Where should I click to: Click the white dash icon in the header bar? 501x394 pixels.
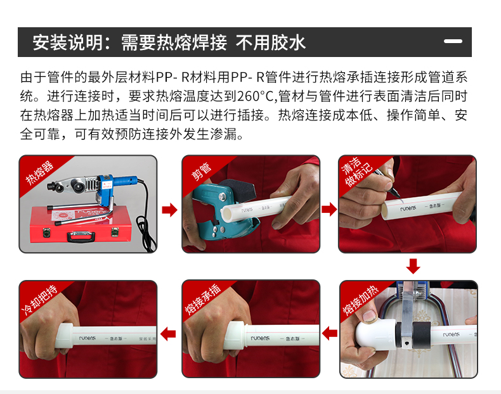click(x=453, y=41)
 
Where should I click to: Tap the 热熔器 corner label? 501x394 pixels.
click(x=39, y=172)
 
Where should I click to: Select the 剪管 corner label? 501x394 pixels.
click(x=201, y=172)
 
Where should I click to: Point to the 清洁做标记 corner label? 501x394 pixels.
click(x=356, y=171)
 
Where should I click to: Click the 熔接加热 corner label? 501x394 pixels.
click(x=360, y=300)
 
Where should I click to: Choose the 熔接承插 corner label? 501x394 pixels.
click(x=203, y=299)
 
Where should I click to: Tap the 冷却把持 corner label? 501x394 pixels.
click(x=39, y=299)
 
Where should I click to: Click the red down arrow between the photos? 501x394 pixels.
click(x=413, y=266)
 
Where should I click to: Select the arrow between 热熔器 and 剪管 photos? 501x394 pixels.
click(x=169, y=210)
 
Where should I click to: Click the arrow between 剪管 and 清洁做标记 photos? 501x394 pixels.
click(x=329, y=210)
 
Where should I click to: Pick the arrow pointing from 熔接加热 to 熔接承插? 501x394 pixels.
click(x=329, y=334)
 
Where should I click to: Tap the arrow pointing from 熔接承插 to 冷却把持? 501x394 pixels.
click(x=168, y=334)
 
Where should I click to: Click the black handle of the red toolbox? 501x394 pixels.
click(x=81, y=236)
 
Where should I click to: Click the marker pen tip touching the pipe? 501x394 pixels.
click(x=398, y=195)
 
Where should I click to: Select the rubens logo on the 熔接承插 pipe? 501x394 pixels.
click(x=260, y=338)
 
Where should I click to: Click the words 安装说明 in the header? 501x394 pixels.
click(x=67, y=42)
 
